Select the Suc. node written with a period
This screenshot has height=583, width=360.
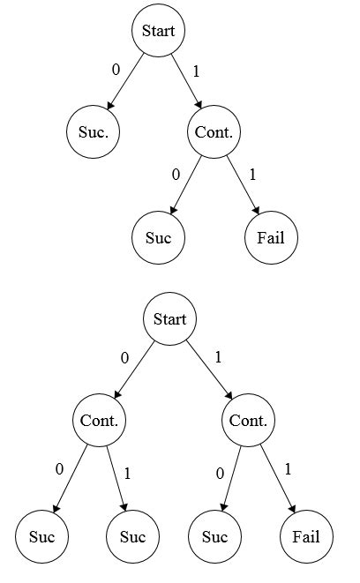click(93, 133)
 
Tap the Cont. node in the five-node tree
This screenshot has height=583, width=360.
click(213, 133)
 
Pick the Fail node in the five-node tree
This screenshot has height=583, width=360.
click(271, 237)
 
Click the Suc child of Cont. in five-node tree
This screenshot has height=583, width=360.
click(159, 237)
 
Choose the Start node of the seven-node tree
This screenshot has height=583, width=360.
click(169, 318)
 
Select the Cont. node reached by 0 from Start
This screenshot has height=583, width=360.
click(100, 420)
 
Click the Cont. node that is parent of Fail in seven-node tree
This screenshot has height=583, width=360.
click(248, 420)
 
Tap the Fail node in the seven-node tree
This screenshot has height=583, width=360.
click(306, 536)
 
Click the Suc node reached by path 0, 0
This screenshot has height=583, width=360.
click(41, 536)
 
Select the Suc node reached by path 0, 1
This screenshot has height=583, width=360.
click(132, 536)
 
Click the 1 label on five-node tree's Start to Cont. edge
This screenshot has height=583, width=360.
click(196, 71)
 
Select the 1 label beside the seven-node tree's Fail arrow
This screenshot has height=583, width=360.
click(287, 467)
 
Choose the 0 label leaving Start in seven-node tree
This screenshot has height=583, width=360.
click(124, 358)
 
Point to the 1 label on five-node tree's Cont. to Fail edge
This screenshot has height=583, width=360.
click(252, 174)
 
